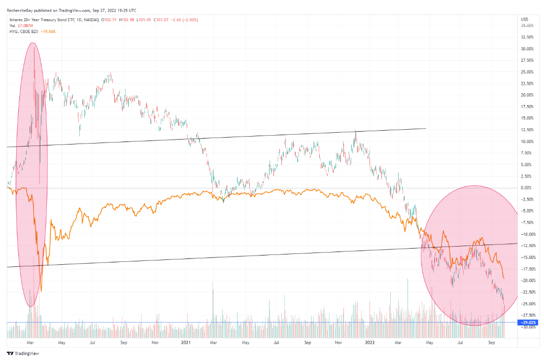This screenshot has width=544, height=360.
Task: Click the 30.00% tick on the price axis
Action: [x=527, y=49]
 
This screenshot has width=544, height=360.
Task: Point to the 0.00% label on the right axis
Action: [x=527, y=188]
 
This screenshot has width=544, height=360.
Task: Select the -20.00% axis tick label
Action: [x=527, y=280]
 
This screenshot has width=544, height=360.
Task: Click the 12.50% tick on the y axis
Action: [x=527, y=130]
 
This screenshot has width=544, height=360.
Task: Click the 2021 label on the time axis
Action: [x=186, y=341]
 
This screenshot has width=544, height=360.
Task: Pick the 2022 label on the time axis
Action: [x=369, y=341]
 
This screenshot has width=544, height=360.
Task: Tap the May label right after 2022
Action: [x=429, y=341]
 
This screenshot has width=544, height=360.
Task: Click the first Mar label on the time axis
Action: [x=31, y=341]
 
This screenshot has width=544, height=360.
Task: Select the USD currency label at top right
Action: [x=524, y=19]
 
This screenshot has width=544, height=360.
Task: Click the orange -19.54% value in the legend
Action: [x=48, y=32]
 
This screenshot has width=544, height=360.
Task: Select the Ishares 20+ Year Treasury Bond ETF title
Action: [x=37, y=20]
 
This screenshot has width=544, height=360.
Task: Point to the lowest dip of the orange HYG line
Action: [x=41, y=291]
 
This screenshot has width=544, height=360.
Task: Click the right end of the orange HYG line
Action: [x=504, y=279]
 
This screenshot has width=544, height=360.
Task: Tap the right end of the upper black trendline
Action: [x=425, y=128]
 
